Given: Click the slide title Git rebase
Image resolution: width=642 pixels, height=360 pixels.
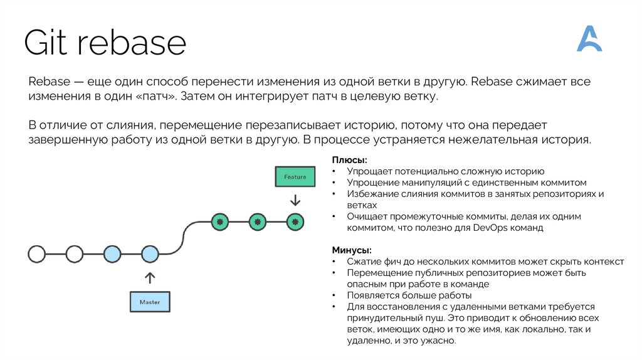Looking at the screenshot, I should coord(105,43).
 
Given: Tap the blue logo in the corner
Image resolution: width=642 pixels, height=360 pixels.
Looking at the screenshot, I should coord(589,39).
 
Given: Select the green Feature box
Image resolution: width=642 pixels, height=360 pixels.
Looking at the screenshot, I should coord(295,177).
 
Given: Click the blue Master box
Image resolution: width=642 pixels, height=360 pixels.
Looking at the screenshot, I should coord(149,302).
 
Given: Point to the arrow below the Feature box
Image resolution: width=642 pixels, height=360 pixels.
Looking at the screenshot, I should coord(295,201).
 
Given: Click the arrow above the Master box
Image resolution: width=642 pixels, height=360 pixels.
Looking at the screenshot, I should coord(149,277).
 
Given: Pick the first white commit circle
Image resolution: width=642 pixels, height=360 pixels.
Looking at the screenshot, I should coord(37,254).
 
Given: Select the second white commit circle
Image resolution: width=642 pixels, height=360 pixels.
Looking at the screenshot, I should coord(75,254).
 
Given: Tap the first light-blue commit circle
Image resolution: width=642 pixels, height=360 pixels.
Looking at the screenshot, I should coord(112,254).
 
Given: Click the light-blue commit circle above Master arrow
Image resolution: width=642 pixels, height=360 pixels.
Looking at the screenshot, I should coord(149,254).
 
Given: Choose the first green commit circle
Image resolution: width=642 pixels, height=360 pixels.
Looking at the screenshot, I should coord(219,221).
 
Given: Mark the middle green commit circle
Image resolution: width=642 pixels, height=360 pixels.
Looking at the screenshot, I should coord(257,221).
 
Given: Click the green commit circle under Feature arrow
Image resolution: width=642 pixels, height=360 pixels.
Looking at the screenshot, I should coord(295,221).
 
